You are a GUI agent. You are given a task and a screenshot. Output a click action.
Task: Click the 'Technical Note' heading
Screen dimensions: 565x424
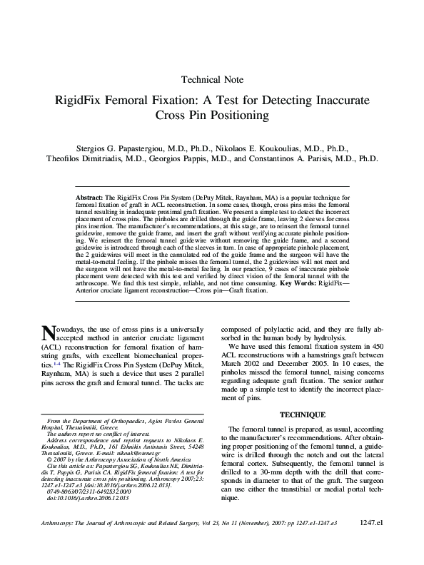[213, 80]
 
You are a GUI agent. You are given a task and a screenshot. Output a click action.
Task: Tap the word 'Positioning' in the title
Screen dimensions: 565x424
[236, 115]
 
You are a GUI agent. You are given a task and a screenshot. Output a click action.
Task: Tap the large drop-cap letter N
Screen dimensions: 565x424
[49, 333]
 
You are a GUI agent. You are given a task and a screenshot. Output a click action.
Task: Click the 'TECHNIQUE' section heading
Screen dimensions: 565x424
[302, 414]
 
